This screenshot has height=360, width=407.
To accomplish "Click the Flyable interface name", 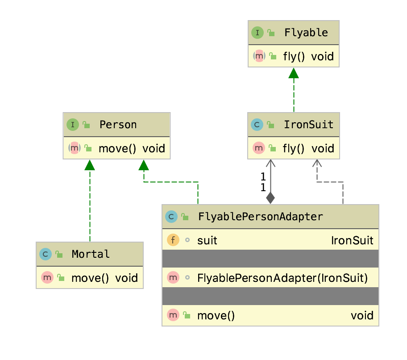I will point(306,33).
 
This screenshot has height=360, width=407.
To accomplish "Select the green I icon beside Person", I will point(73,125).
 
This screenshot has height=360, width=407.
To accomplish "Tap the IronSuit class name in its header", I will point(308,125).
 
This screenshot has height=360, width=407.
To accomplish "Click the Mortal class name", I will point(91,254).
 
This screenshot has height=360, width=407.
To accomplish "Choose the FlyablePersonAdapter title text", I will point(260,217).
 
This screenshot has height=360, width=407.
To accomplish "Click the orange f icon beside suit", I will point(173,241).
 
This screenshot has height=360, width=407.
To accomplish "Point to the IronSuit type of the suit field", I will point(352,241).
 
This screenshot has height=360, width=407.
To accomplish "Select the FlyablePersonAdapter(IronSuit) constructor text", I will point(282,278).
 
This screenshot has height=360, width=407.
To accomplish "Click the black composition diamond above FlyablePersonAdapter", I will point(270,197).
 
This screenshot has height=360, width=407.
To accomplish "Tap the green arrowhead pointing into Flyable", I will point(294,73).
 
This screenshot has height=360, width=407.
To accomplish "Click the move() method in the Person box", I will point(117,148).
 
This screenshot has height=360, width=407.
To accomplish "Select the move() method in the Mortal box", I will point(90,278).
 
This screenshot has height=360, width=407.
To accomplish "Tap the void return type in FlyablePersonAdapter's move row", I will point(361,315).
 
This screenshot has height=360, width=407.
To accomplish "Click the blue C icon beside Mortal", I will point(46,254).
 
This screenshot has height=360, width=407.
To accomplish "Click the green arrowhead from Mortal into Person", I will point(90,165).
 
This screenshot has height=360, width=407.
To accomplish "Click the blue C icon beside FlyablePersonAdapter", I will point(171,217).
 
